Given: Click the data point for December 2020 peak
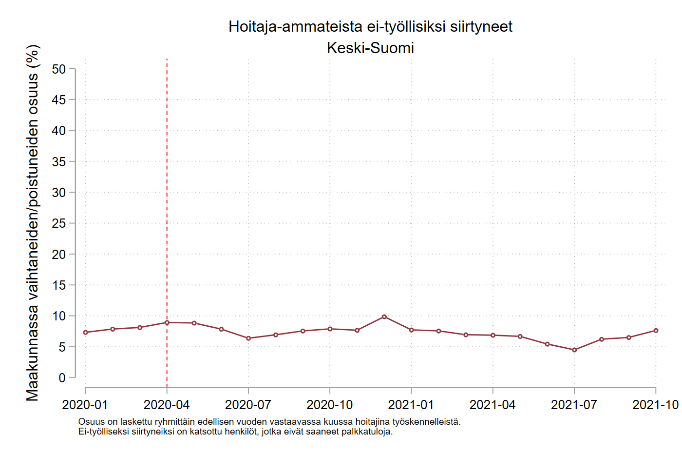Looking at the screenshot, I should click(x=384, y=317).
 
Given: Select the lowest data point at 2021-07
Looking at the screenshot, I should click(x=574, y=350).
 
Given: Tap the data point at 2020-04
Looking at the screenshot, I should click(x=167, y=322).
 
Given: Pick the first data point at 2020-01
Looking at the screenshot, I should click(x=86, y=332).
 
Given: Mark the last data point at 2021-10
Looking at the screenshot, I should click(x=656, y=331).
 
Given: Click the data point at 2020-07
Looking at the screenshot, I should click(x=248, y=338).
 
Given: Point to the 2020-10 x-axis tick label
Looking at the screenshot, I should click(x=330, y=405).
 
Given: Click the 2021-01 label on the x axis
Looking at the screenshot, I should click(x=411, y=405).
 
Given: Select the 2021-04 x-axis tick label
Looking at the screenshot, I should click(x=493, y=405).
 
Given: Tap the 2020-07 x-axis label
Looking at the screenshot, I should click(x=248, y=405).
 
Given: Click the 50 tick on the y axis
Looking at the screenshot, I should click(x=59, y=69).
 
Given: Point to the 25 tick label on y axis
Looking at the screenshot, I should click(x=59, y=223).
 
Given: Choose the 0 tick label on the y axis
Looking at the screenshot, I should click(x=62, y=378).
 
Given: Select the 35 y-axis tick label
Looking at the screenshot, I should click(x=59, y=162).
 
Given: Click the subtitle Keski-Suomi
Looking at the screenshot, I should click(x=370, y=48).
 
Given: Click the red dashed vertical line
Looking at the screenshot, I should click(x=167, y=195).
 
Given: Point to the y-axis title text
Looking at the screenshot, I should click(x=33, y=223).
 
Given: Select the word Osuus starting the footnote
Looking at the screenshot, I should click(x=91, y=422).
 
